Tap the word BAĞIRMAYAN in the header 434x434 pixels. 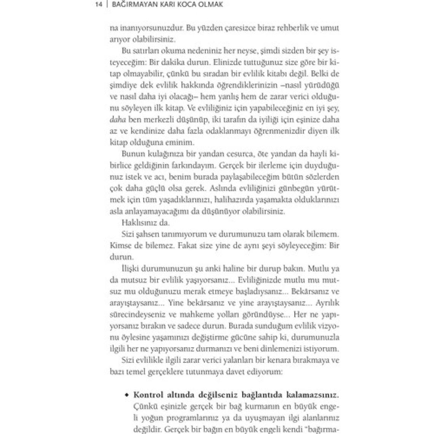[x=129, y=5]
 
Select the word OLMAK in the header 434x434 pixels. [x=209, y=5]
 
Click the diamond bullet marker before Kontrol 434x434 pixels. [x=128, y=395]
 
